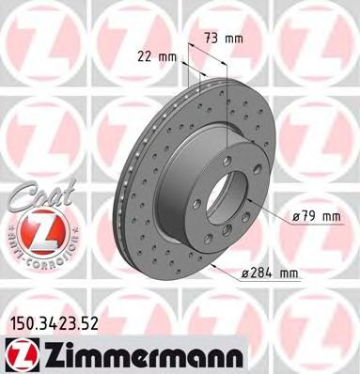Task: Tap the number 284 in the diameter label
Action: [266, 274]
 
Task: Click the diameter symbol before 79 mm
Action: [295, 217]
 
